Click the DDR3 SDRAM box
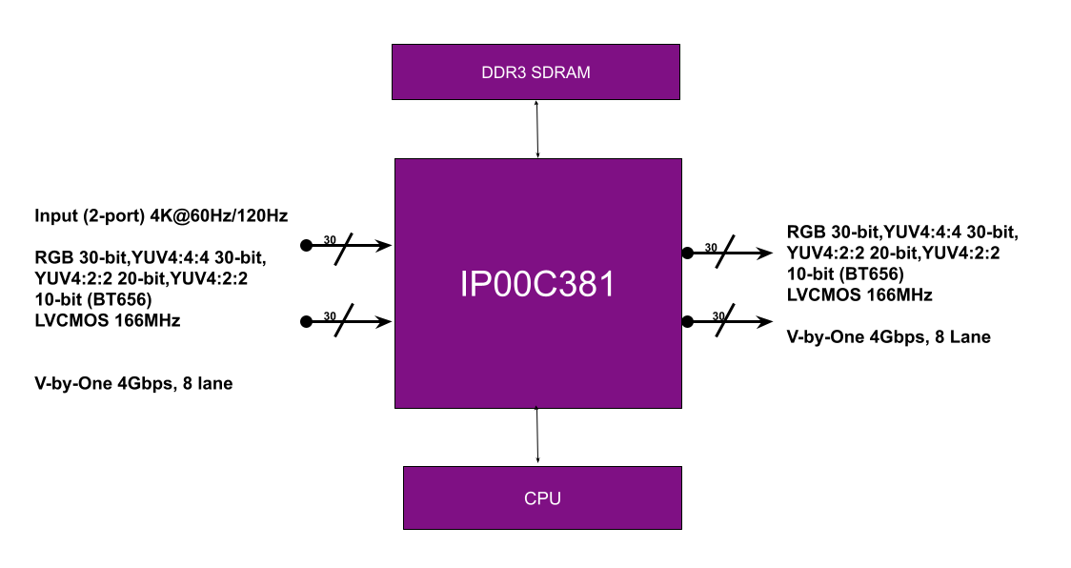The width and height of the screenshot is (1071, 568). point(535,71)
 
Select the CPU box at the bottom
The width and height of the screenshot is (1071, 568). point(542,497)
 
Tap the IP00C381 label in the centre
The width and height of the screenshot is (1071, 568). point(537,284)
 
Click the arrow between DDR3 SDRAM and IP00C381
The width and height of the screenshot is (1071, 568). point(536,130)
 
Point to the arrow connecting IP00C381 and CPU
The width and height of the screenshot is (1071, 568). point(536,436)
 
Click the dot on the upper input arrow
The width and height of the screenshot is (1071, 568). point(307,245)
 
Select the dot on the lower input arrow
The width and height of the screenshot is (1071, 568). point(307,321)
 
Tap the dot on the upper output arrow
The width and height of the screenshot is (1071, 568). point(688,253)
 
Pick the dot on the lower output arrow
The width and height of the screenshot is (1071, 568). point(688,321)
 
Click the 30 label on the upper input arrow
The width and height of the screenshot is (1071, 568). point(330,240)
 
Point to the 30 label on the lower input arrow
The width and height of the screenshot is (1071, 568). point(330,315)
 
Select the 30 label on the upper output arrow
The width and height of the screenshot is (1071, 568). point(711,248)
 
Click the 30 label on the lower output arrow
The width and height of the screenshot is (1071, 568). point(718,315)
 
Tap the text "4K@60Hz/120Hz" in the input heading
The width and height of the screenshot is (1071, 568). point(218,216)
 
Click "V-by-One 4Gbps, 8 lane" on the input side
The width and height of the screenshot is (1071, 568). point(133,383)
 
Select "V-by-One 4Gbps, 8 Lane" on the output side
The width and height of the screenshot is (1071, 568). point(889,337)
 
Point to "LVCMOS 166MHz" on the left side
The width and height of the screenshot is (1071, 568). point(108,320)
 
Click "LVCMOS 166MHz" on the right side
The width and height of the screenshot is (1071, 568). point(859,295)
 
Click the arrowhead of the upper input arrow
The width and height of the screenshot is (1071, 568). point(385,245)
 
